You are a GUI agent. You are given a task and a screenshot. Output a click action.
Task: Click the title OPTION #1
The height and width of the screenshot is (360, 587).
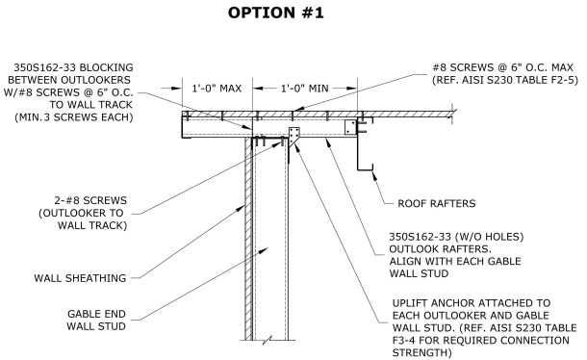(276, 13)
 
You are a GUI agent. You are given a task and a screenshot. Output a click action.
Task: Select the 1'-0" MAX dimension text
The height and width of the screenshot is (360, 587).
(217, 89)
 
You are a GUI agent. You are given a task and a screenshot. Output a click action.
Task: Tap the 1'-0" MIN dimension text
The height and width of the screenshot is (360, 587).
(305, 89)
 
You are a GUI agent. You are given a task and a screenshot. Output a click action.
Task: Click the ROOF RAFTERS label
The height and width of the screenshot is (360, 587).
(437, 203)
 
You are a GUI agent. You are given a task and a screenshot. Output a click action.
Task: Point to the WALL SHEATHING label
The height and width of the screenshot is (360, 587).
(80, 278)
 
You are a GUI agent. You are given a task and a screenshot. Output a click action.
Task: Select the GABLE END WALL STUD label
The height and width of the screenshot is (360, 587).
(96, 320)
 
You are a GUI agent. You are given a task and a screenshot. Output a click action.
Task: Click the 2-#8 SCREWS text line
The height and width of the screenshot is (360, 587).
(90, 200)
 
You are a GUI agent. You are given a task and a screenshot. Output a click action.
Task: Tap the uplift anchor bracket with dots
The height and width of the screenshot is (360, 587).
(293, 136)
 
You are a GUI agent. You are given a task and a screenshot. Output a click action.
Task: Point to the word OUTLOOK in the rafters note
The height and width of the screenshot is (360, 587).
(413, 248)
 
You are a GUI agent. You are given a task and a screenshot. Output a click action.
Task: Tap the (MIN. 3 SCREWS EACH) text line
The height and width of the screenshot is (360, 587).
(74, 117)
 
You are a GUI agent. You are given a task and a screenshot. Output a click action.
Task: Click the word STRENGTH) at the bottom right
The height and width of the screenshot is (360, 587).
(422, 353)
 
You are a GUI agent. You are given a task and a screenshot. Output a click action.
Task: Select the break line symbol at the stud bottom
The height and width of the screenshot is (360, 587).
(268, 341)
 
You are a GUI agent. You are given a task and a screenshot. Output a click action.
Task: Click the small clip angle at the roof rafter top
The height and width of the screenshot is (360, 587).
(350, 127)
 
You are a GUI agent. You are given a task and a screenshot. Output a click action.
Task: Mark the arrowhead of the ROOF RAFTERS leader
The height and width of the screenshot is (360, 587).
(374, 174)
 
